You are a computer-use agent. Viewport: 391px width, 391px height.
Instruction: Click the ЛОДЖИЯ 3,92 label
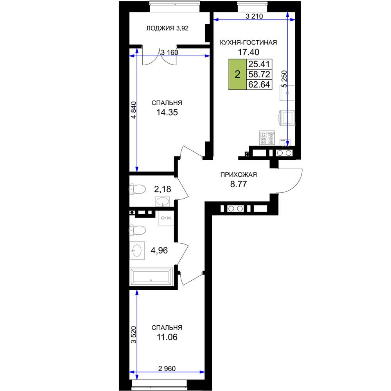coord(167,29)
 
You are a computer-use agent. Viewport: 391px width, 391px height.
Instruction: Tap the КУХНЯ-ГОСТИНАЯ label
coord(248,43)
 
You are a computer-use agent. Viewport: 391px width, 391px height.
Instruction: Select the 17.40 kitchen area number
coord(248,52)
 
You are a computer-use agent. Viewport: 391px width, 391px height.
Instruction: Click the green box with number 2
coord(237,74)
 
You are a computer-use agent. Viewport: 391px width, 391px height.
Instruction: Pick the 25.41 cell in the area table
coord(259,64)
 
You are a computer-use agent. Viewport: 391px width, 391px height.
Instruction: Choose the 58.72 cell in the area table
coord(259,74)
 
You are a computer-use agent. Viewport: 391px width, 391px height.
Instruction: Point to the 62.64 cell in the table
coord(259,84)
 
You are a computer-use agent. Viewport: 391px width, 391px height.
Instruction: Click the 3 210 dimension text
coord(254,16)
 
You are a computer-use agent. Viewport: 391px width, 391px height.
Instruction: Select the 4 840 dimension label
coord(134,110)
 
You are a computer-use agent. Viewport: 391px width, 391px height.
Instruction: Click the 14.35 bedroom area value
coord(167,113)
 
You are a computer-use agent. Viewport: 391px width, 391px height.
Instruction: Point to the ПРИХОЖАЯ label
coord(239,175)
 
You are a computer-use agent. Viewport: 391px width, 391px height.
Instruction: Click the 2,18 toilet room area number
coord(163,189)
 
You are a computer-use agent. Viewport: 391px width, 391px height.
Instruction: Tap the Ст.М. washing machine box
coord(166,218)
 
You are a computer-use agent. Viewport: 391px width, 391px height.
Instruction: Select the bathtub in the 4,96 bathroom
coord(151,276)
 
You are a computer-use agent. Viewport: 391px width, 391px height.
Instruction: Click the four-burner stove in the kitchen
coord(267,138)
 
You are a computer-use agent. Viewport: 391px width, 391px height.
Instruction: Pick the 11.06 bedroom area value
coord(167,337)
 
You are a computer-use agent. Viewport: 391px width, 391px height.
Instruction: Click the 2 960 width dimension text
coord(167,369)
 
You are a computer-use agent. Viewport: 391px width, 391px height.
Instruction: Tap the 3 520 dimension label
coord(134,335)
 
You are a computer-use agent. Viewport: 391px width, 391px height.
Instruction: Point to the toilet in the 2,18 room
coord(137,189)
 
